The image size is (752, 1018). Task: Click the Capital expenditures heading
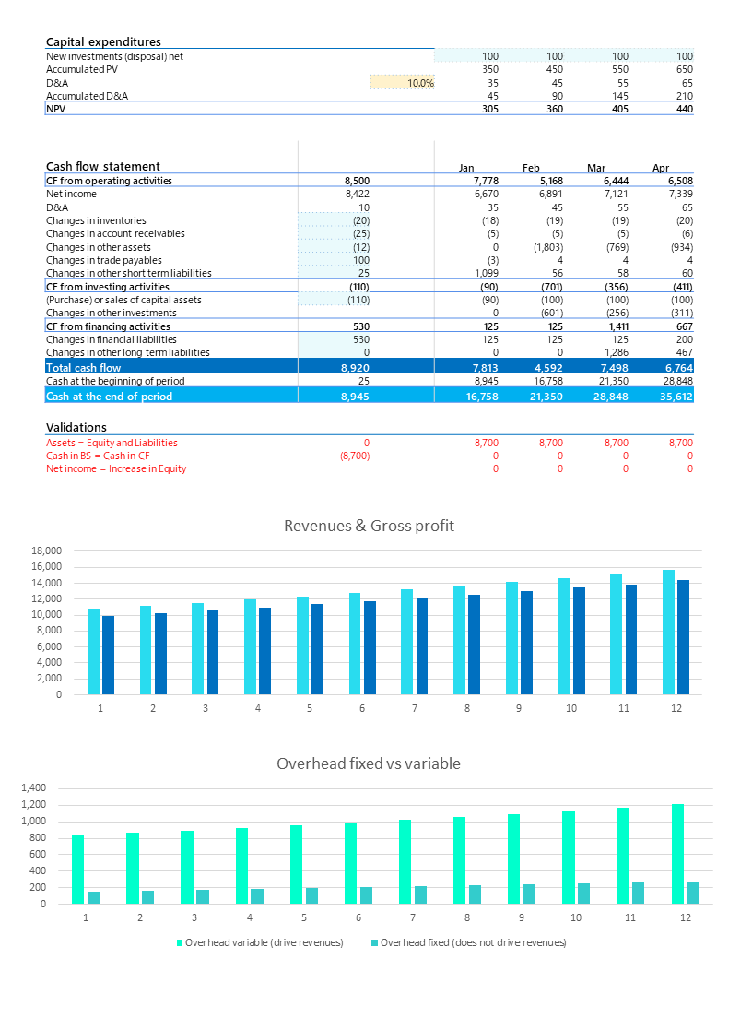coord(103,41)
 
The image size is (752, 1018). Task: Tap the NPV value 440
coord(683,109)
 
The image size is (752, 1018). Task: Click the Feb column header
coord(531,168)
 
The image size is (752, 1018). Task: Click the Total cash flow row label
coord(83,367)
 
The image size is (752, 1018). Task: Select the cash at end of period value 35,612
coord(674,397)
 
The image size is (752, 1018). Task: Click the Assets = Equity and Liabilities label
coord(112,443)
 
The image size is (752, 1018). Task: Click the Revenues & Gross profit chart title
coord(369,526)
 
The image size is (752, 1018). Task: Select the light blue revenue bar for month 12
coord(668,632)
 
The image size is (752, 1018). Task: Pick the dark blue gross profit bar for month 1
coord(108,655)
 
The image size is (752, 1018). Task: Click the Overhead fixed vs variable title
coord(369,763)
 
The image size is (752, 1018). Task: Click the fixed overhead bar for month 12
coord(692,892)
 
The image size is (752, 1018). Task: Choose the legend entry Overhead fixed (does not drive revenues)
coord(473,942)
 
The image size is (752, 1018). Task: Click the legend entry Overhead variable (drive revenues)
coord(264,942)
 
